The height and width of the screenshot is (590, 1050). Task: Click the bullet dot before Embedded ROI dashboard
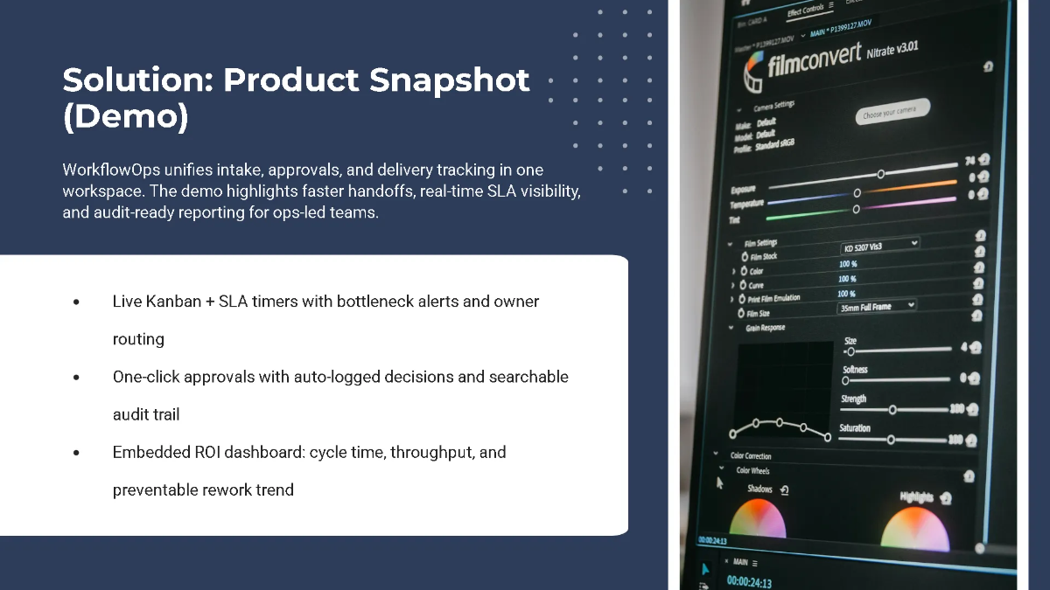(76, 453)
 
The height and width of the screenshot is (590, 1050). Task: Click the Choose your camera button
(891, 112)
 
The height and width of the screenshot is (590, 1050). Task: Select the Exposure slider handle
(881, 174)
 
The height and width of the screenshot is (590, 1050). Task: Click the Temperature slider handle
(857, 192)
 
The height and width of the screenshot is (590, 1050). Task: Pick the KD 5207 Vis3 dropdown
(878, 245)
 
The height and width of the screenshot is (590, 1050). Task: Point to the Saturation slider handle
(891, 439)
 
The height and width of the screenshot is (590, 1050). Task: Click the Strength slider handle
(892, 409)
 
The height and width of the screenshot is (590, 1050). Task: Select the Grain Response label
(766, 328)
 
